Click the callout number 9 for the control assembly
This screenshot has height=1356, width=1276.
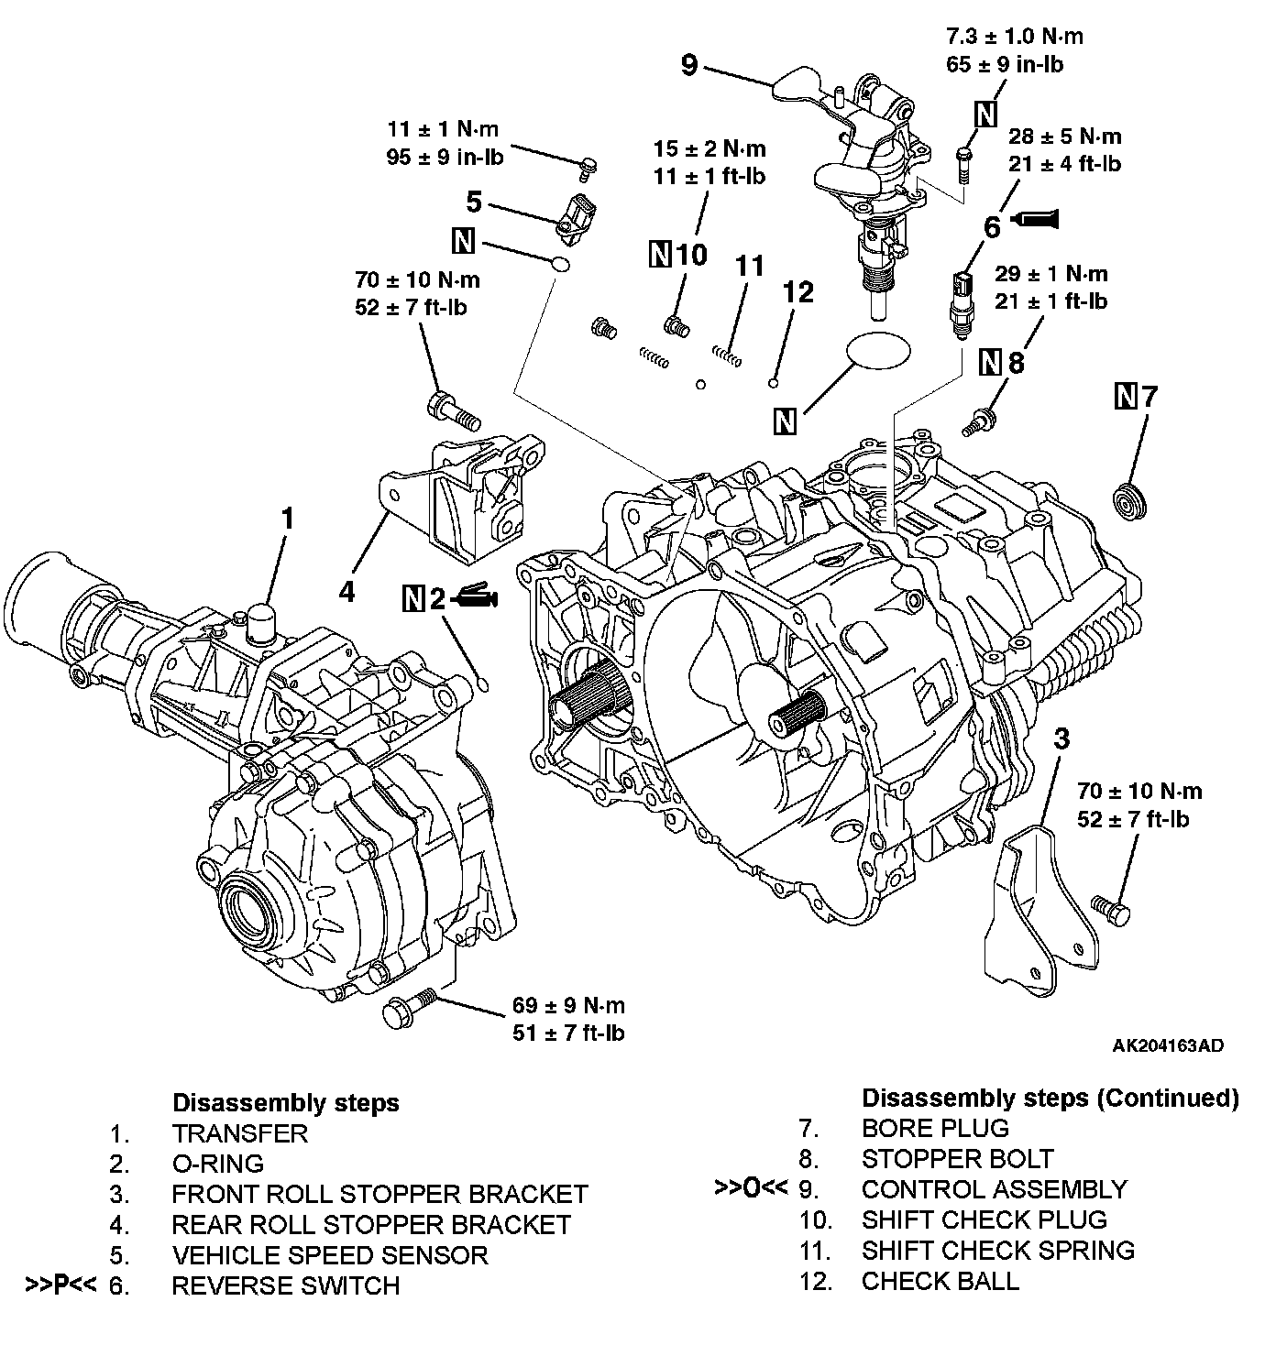pos(690,65)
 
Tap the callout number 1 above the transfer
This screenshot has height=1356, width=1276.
pos(288,519)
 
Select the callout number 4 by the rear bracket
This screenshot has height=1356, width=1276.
pos(346,592)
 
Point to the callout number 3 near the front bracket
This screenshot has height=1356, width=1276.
pos(1061,738)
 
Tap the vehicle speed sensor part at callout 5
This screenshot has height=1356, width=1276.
pos(576,220)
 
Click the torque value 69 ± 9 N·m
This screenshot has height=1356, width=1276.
pos(568,1006)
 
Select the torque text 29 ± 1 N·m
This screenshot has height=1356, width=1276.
pos(1050,274)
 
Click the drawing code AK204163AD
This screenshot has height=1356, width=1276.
pos(1168,1045)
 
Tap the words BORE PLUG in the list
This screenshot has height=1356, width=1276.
pos(935,1128)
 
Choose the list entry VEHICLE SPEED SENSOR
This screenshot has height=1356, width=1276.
pos(329,1254)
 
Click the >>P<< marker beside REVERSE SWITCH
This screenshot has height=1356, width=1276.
pos(61,1285)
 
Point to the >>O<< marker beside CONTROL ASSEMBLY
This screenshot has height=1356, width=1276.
pos(751,1188)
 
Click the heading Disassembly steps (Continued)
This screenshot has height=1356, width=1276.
pos(1050,1098)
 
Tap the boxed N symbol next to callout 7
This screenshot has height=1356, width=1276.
pos(1126,397)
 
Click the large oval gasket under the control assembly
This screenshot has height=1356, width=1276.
pos(879,349)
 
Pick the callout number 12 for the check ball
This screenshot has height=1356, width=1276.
pos(798,292)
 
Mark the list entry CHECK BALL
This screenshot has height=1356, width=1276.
pos(940,1281)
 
